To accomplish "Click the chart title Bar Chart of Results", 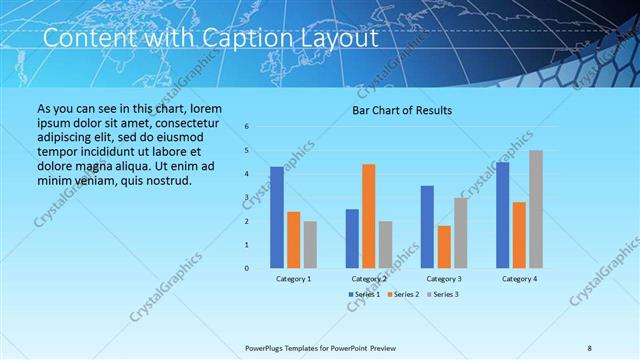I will point(401,110).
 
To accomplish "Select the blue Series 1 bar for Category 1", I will point(277,217).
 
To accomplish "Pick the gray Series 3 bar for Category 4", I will point(536,209).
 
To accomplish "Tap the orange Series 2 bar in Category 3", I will point(444,247).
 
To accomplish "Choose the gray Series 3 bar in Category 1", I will point(310,244).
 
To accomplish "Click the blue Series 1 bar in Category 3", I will point(427,227).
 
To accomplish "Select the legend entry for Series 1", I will point(364,294).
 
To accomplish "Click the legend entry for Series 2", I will point(402,294).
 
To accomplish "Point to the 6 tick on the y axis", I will point(247,127).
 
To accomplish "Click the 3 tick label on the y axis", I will point(247,197).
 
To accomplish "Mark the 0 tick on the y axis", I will point(247,268).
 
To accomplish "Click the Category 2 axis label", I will point(369,279).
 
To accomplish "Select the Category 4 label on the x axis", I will point(519,279).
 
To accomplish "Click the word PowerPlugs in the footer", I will point(269,347).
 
